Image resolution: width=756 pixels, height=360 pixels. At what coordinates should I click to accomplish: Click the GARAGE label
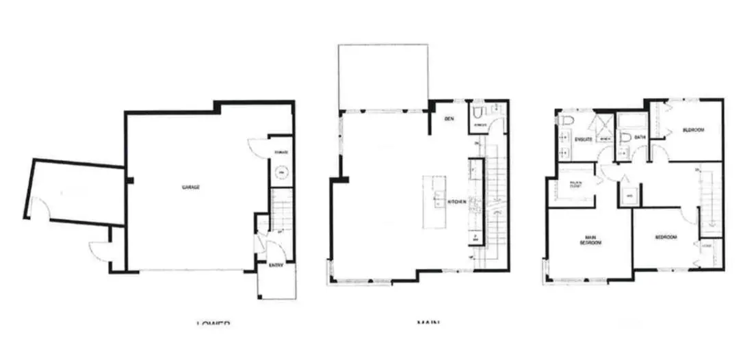190,187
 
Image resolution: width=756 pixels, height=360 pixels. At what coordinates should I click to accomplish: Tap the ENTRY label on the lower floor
276,266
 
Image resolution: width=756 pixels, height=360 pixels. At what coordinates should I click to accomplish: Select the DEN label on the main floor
449,119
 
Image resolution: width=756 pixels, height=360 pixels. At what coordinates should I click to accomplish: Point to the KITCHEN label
457,203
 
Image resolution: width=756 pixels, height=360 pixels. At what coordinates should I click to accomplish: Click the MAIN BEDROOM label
590,241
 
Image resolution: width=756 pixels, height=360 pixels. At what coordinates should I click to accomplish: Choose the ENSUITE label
583,139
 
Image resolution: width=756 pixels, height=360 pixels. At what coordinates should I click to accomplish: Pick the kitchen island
434,202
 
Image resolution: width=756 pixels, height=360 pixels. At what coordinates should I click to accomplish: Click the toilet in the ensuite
565,121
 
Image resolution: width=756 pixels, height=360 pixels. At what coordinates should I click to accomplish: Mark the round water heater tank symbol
281,172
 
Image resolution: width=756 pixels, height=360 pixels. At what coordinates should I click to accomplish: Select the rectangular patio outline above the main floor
382,77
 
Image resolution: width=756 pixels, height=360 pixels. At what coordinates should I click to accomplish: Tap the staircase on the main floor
495,205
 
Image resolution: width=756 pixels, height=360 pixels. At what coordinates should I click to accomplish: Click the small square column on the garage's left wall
128,180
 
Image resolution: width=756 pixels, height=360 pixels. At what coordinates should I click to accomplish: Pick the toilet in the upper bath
623,139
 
